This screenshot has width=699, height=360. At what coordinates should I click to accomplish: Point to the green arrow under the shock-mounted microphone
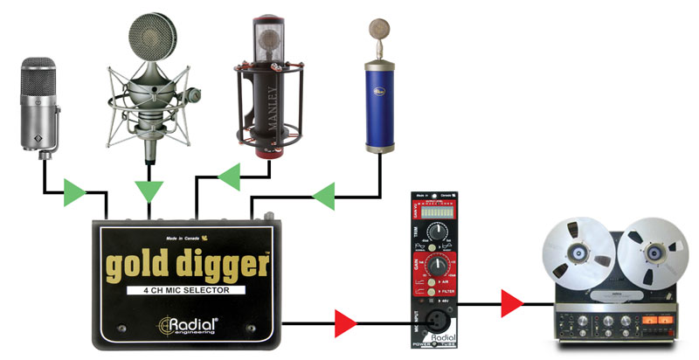(149, 189)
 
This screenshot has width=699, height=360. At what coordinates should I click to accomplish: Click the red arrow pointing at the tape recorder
(511, 305)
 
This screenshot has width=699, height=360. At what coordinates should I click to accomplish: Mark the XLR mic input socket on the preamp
(432, 321)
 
